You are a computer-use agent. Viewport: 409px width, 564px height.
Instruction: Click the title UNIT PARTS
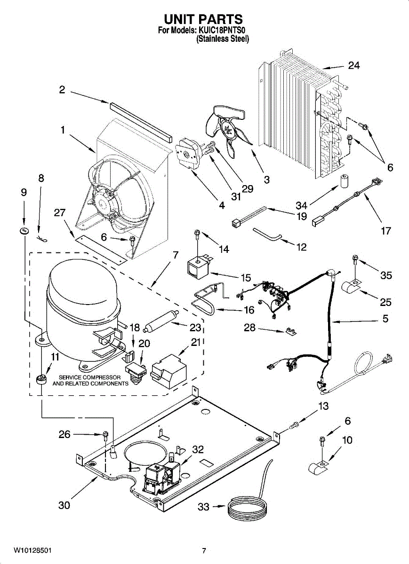tap(203, 19)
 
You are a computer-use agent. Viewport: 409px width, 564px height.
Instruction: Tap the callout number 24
tap(353, 65)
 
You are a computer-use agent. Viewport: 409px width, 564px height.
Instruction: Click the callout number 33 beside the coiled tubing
tap(203, 507)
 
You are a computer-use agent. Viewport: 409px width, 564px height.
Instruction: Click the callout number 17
tap(385, 231)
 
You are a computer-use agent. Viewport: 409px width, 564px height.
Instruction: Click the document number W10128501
tap(32, 550)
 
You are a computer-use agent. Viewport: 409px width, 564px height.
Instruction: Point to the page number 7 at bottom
tap(204, 551)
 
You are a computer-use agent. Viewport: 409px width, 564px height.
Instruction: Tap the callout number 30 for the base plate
tap(64, 505)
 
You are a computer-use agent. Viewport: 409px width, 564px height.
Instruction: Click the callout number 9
tap(24, 192)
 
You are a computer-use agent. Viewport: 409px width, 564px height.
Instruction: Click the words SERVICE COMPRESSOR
tap(89, 377)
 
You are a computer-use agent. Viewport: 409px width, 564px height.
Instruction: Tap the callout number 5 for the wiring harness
tap(385, 319)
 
